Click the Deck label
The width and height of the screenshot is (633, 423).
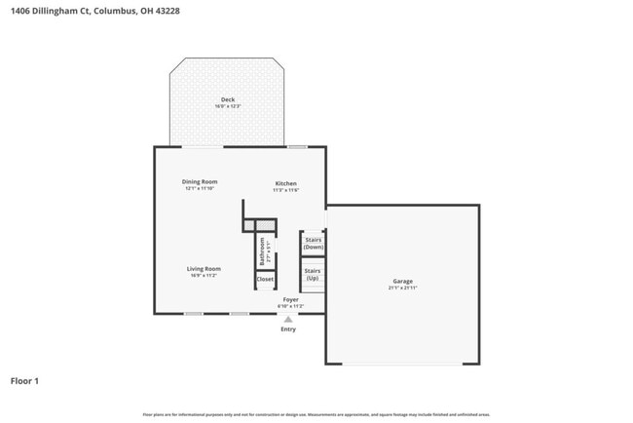227,99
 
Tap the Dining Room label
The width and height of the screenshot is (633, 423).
200,181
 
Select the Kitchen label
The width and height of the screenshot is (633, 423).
285,183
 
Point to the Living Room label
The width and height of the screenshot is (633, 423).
205,268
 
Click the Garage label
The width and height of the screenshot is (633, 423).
402,281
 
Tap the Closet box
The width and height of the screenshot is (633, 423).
265,279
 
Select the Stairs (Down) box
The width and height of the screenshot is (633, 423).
314,244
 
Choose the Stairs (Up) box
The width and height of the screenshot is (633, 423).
313,274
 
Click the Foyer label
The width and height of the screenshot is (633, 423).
290,299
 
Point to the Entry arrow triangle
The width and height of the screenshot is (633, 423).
288,318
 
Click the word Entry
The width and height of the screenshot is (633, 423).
288,329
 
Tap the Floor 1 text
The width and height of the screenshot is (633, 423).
25,381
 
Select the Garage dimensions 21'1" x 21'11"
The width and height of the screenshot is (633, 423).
402,288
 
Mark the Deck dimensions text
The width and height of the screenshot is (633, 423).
227,105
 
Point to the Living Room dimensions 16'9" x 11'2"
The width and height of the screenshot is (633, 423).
205,275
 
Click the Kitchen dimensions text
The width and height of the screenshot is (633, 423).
285,190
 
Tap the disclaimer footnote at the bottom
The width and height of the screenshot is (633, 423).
316,414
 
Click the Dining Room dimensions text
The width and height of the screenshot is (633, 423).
200,188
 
